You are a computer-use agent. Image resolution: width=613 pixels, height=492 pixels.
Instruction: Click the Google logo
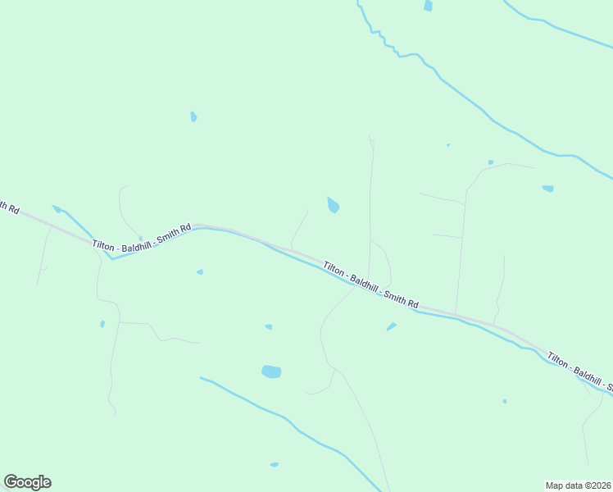(27, 482)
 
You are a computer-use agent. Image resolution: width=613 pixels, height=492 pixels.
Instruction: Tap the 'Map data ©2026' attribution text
(579, 485)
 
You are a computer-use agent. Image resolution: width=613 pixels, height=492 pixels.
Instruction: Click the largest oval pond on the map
(271, 371)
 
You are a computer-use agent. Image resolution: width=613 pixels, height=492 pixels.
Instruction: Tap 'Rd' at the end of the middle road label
(413, 303)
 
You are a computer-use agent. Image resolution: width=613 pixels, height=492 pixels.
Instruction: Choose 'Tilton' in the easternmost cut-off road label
(560, 362)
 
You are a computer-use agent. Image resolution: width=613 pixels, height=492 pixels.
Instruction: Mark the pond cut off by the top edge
(428, 6)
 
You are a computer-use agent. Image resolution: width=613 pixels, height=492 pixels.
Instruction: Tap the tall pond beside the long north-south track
(333, 205)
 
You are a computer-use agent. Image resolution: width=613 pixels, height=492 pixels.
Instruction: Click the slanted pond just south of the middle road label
(391, 327)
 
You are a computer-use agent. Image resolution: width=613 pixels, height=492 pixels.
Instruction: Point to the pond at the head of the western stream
(56, 208)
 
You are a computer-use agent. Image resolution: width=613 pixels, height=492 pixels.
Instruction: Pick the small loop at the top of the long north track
(372, 145)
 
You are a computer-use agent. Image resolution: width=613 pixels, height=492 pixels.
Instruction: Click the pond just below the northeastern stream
(547, 189)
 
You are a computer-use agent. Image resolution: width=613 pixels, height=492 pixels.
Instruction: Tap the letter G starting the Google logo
(11, 482)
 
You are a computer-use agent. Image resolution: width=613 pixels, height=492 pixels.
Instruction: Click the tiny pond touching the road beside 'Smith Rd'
(141, 239)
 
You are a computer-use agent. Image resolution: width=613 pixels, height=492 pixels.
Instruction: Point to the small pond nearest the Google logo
(102, 324)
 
